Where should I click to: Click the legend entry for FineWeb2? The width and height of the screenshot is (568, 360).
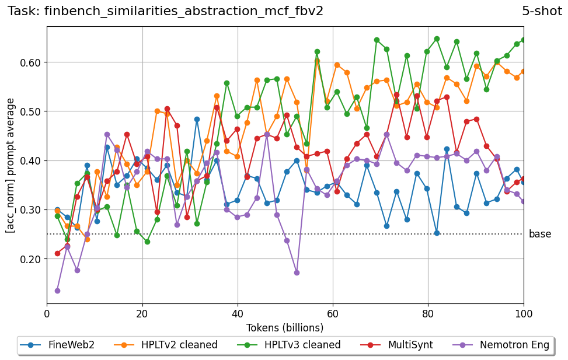coord(57,345)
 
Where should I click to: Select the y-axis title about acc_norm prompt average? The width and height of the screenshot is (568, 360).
coord(11,165)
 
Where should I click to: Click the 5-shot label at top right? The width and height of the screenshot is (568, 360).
coord(542,11)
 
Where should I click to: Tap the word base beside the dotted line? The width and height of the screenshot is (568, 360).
coord(539,234)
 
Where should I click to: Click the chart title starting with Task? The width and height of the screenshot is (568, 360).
coord(165,11)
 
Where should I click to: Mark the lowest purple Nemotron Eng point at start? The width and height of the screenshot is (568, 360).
coord(57,291)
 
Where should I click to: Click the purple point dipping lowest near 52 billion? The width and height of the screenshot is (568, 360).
coord(297,272)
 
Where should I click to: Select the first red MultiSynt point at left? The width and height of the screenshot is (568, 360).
coord(57,253)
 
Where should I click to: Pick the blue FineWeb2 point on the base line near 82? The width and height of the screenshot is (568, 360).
coord(437,233)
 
